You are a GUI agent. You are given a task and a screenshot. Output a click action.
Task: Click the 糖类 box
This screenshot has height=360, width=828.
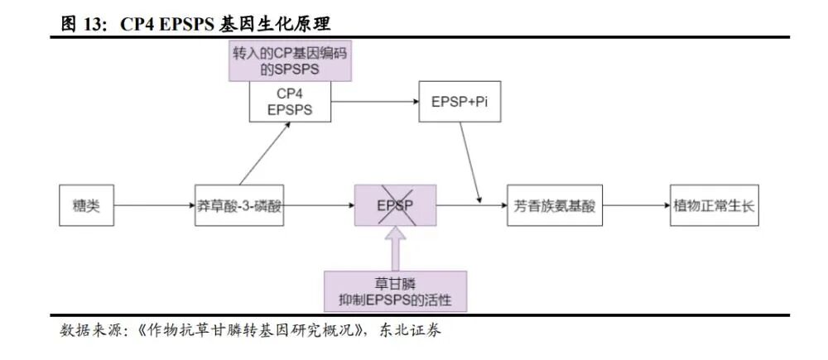pos(85,205)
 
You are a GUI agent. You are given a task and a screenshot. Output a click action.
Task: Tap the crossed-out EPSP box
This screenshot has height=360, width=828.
pos(395,205)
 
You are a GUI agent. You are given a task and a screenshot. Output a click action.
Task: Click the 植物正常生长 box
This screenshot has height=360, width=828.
pos(714,205)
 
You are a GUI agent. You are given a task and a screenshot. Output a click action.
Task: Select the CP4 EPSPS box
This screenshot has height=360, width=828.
pos(290,102)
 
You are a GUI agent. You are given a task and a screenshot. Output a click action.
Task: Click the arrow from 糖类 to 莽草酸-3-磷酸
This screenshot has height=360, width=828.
pos(152,205)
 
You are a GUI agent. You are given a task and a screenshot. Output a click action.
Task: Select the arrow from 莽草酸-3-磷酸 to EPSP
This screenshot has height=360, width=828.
pos(320,205)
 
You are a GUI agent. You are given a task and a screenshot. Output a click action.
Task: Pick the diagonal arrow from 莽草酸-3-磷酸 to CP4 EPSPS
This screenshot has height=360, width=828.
pos(265,154)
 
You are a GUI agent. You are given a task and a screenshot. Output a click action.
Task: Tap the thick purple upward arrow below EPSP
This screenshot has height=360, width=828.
pos(395,248)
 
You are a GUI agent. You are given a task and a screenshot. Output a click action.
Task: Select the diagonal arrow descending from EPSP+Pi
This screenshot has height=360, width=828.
pos(473,161)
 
